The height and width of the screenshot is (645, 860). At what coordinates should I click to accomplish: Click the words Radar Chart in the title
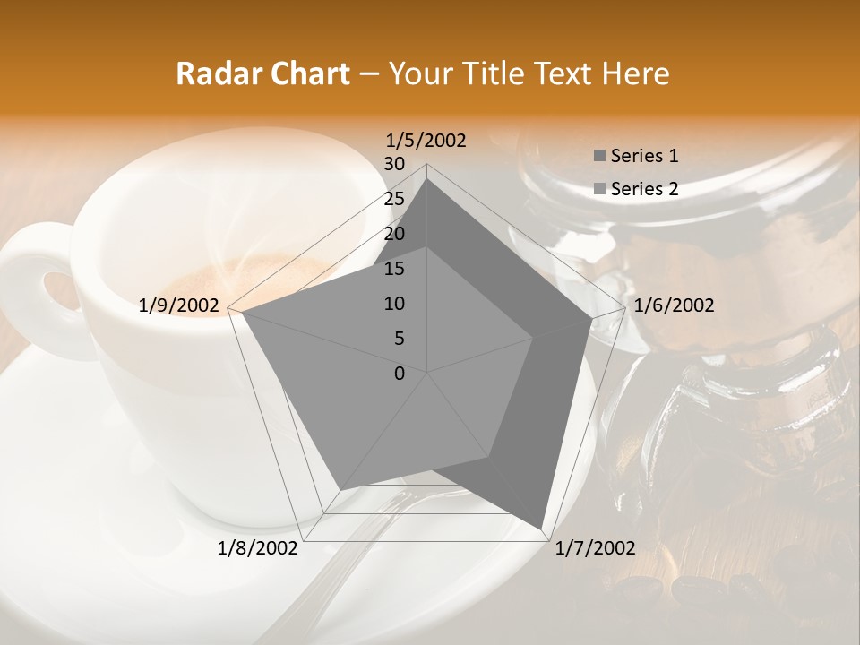[262, 73]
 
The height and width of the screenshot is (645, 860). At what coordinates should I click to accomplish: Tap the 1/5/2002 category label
[426, 140]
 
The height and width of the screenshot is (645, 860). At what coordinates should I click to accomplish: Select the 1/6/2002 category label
[674, 305]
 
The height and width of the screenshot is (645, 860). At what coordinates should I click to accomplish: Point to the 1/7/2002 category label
[595, 548]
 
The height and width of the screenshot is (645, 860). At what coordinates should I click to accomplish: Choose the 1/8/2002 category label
[258, 548]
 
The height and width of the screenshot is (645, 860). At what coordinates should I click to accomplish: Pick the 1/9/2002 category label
[179, 305]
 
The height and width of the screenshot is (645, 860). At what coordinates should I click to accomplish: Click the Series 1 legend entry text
[644, 156]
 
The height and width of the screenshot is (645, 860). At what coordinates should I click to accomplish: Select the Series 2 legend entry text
[644, 189]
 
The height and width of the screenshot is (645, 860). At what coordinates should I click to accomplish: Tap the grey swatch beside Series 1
[599, 157]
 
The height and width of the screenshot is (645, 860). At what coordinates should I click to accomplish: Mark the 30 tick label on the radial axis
[394, 164]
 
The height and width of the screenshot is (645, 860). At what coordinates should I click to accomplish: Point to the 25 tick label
[394, 199]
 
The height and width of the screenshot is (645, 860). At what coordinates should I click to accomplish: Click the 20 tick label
[394, 234]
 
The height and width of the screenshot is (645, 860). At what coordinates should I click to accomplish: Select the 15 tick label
[394, 269]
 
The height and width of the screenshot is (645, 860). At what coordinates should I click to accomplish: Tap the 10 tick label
[394, 304]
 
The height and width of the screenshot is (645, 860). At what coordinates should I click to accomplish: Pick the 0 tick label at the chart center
[400, 374]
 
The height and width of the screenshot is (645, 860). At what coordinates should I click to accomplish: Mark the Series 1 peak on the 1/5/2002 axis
[427, 178]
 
